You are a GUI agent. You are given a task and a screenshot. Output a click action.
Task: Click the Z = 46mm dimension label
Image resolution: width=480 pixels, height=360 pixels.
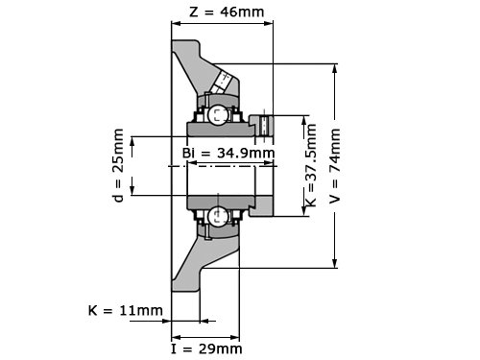227,12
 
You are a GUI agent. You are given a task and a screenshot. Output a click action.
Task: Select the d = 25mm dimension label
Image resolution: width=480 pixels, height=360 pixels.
118,165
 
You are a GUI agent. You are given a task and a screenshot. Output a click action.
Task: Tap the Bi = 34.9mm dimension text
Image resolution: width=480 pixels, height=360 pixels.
228,153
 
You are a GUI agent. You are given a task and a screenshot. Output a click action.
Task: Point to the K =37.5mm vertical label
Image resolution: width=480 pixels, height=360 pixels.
311,165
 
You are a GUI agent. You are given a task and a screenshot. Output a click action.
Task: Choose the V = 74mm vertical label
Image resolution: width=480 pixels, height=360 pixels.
335,166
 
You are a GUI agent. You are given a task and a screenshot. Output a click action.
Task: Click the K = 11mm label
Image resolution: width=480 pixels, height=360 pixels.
126,310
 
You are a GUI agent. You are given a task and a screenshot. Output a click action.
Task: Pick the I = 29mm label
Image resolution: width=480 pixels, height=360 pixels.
206,348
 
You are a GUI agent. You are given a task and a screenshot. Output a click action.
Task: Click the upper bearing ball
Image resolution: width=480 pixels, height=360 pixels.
218,115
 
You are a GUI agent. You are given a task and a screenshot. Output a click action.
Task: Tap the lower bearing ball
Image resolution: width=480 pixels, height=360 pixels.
218,216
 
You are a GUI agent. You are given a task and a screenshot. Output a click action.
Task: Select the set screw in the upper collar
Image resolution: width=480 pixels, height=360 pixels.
264,126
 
